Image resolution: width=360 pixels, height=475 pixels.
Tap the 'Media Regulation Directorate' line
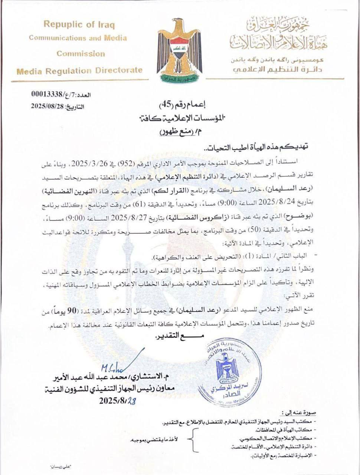[x=79, y=70]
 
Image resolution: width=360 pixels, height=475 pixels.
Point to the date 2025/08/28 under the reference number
[x=48, y=107]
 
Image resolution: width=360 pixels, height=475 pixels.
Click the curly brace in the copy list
[x=192, y=439]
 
